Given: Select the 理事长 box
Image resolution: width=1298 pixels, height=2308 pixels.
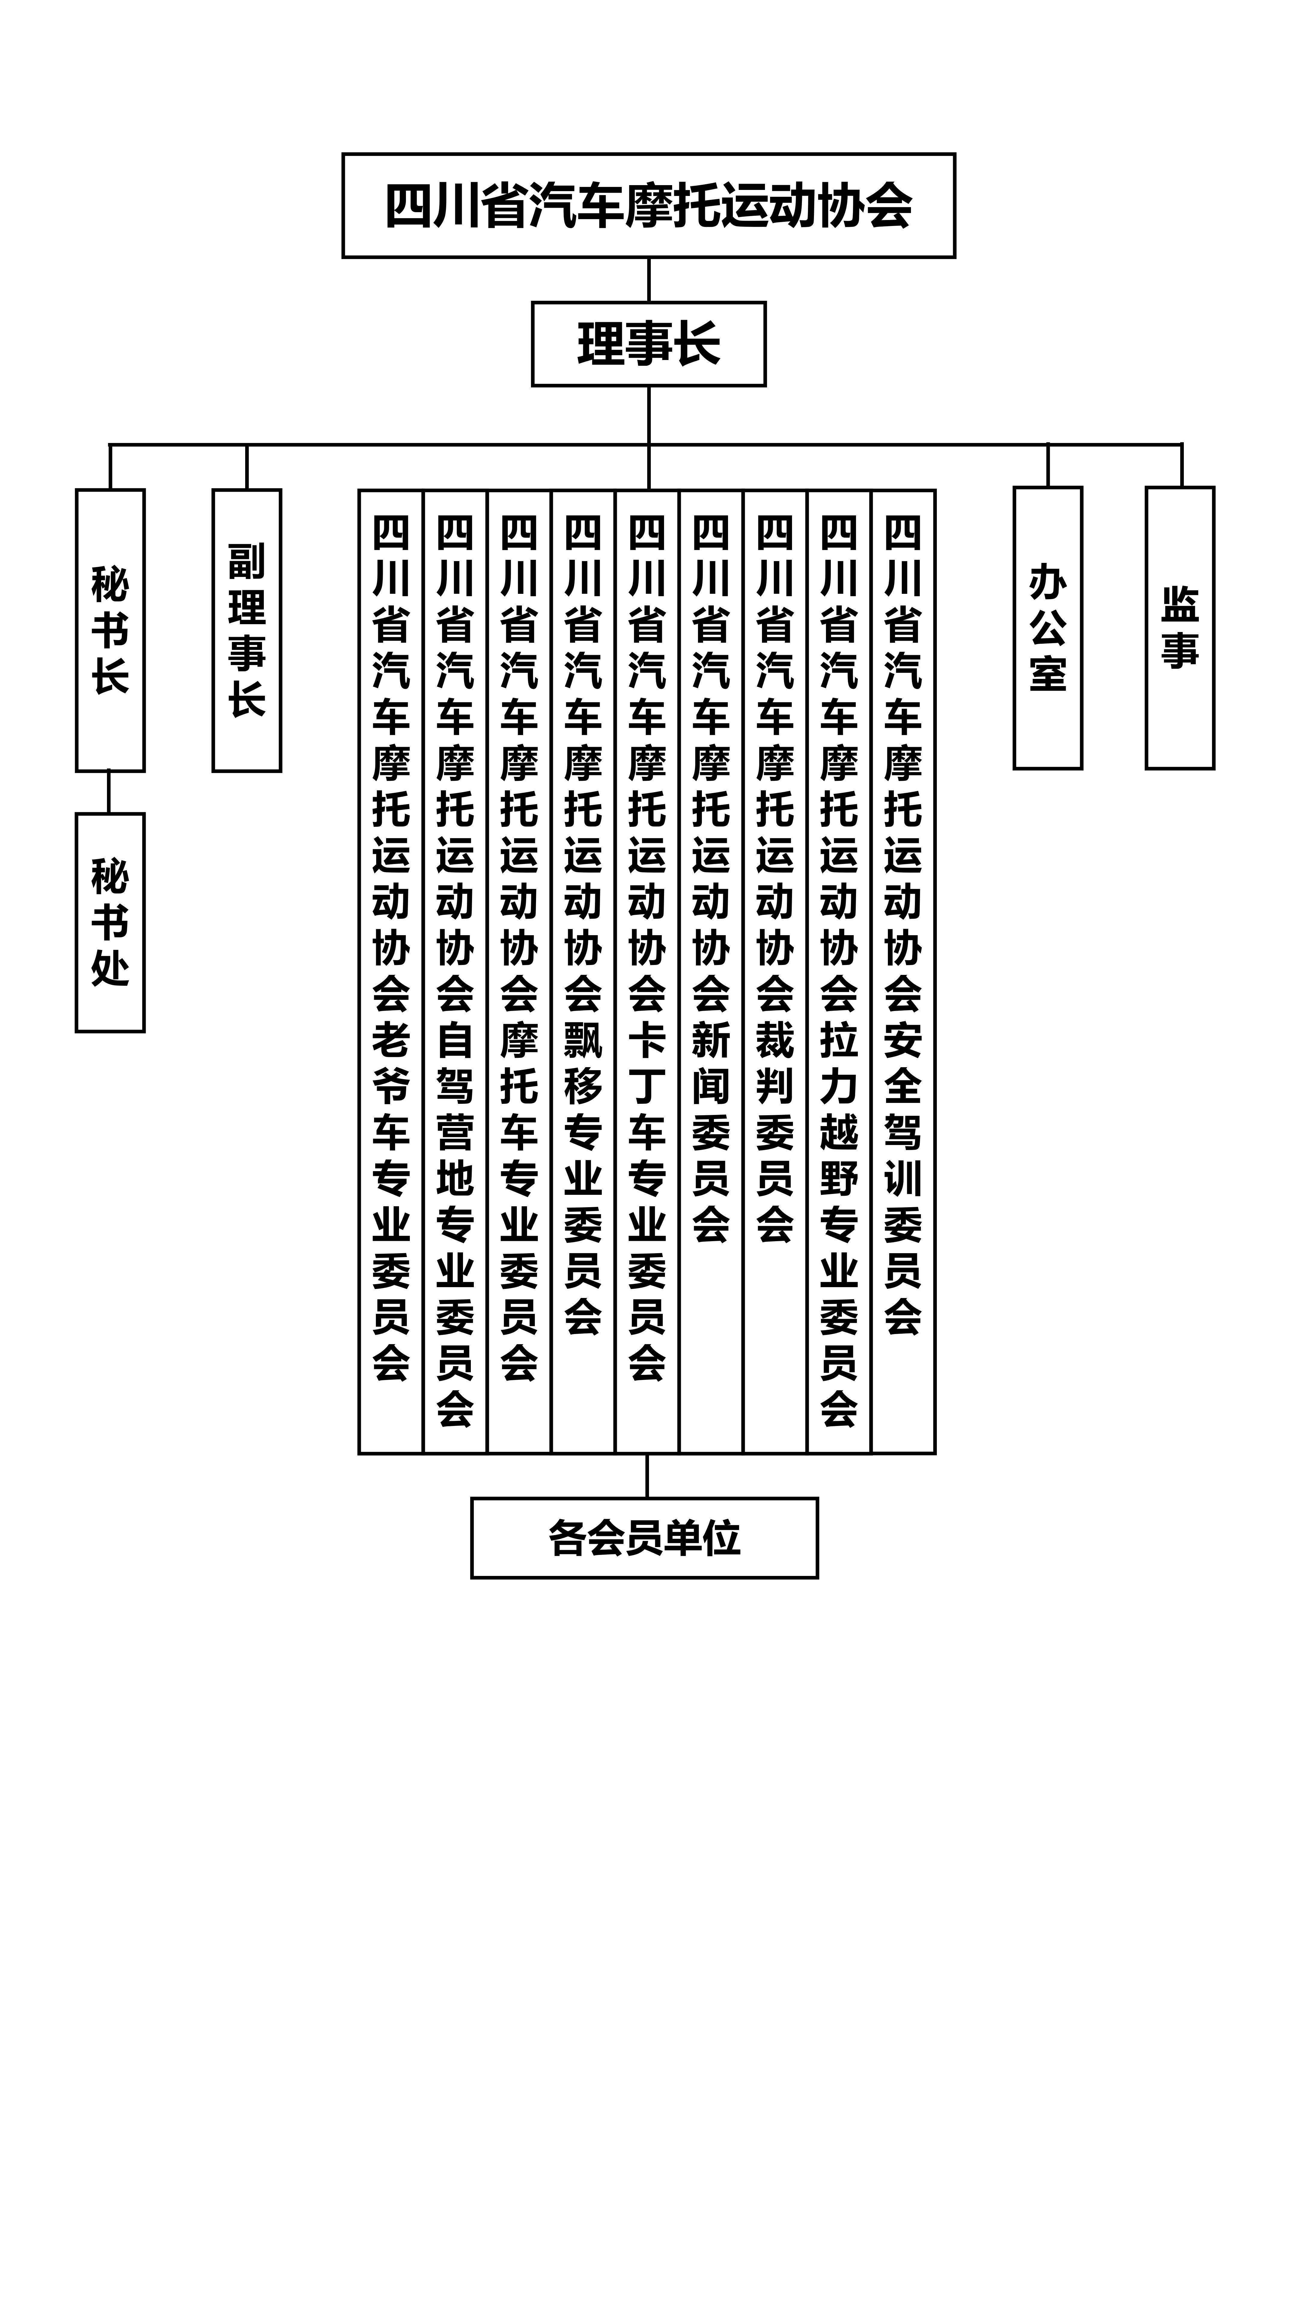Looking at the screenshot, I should [x=649, y=344].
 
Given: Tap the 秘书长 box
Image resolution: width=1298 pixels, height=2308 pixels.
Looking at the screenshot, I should [x=110, y=630].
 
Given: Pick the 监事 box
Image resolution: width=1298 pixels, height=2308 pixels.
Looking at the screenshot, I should [x=1180, y=627].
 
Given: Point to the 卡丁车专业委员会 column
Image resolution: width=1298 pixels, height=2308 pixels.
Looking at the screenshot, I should [x=647, y=950].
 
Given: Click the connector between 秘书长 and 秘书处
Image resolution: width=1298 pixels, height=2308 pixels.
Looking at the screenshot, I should [x=109, y=792].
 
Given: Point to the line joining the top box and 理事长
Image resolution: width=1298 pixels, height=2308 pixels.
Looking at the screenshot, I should [x=649, y=279].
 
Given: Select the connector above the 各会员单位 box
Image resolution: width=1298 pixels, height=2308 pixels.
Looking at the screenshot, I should [x=647, y=1475].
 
